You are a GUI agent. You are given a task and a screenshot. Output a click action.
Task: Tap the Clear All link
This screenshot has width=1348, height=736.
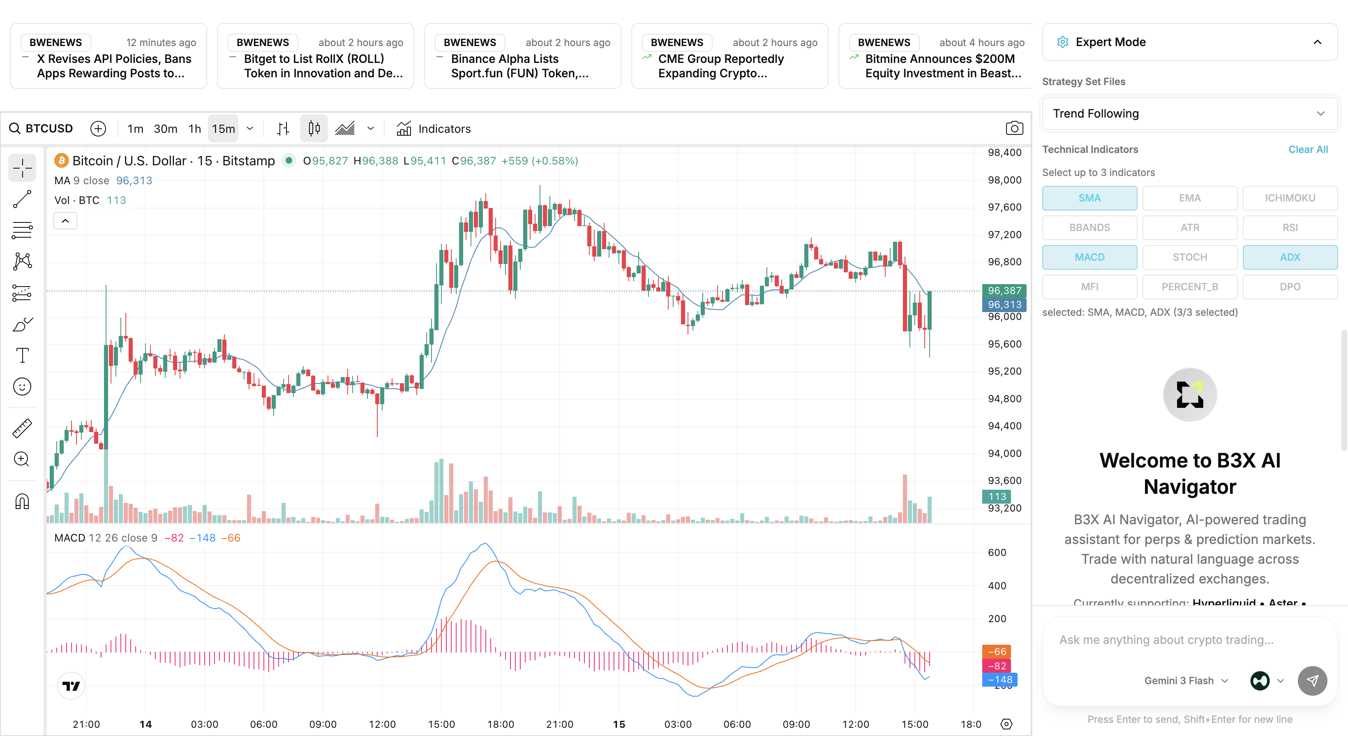(x=1308, y=149)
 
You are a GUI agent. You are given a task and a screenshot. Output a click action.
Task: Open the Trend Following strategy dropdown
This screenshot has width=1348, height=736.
(x=1189, y=113)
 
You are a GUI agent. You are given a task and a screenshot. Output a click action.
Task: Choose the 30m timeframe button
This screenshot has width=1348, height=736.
(x=165, y=129)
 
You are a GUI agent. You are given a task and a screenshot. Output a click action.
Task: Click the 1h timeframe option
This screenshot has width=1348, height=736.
(x=195, y=129)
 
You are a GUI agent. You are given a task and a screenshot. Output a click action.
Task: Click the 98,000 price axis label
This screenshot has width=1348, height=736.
(x=1004, y=180)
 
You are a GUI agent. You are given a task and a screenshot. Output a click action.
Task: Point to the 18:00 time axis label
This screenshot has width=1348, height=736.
(x=500, y=724)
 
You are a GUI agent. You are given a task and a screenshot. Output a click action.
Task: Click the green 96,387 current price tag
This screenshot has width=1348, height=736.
(x=1004, y=291)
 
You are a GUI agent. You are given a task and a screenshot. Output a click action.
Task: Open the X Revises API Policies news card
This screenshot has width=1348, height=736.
(x=108, y=56)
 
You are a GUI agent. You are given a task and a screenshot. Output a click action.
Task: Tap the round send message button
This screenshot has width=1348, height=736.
(x=1312, y=680)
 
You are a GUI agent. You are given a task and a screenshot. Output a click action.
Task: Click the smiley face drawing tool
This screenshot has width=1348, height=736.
(x=22, y=387)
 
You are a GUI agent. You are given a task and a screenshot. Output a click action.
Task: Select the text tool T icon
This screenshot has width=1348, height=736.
(x=22, y=355)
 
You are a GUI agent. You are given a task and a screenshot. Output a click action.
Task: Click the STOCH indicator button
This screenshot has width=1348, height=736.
(x=1189, y=257)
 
